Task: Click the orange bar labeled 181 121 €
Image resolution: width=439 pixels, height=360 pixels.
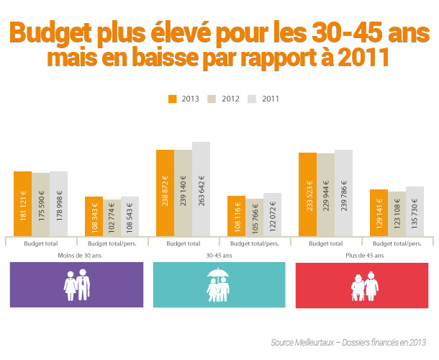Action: click(22, 204)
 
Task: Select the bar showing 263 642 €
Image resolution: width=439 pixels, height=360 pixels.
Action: click(201, 189)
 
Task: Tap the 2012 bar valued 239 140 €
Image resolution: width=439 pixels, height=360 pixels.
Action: click(183, 193)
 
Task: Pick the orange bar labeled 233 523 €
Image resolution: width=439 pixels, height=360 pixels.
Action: click(307, 194)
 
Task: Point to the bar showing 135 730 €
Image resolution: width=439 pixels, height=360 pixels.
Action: click(415, 211)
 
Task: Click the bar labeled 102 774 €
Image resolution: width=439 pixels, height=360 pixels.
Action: click(112, 217)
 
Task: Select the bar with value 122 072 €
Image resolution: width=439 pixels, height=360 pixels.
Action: click(272, 215)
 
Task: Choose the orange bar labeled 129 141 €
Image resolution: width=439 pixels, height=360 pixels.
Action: click(379, 212)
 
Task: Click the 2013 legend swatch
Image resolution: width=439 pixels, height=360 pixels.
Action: click(172, 99)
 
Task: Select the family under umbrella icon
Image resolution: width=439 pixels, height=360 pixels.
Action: click(219, 285)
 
